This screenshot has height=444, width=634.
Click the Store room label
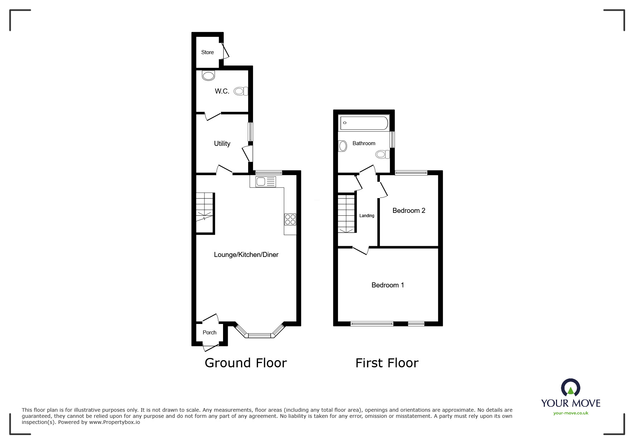(x=207, y=52)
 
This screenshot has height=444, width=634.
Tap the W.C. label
(x=222, y=91)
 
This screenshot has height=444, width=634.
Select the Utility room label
(x=222, y=144)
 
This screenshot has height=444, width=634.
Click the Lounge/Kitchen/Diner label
(x=246, y=255)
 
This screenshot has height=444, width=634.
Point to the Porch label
(x=209, y=333)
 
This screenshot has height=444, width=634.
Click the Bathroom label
(x=364, y=143)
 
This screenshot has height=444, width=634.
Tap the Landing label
(x=367, y=216)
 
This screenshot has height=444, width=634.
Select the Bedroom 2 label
(x=408, y=211)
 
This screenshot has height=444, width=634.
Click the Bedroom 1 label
(x=387, y=285)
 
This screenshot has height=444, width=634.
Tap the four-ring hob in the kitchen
(x=290, y=219)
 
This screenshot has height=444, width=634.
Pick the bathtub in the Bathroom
(x=364, y=123)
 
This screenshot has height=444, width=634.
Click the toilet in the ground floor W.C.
(x=241, y=91)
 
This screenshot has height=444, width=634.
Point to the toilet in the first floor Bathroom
(x=382, y=155)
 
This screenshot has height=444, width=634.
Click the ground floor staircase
(x=205, y=213)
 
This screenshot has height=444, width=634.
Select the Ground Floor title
(x=246, y=363)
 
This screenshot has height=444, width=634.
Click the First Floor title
(x=387, y=363)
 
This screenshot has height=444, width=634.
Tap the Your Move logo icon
(x=570, y=388)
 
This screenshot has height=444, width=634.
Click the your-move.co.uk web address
(x=571, y=413)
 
